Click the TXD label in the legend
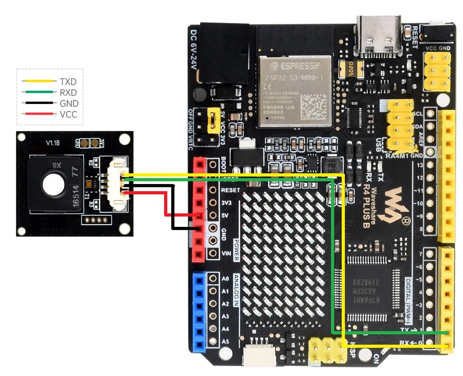[x=68, y=82]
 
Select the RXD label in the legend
[x=68, y=93]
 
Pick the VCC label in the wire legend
[x=68, y=115]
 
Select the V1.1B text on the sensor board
[x=52, y=142]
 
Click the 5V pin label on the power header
[x=224, y=215]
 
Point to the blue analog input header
[x=199, y=311]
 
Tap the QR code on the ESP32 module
[x=312, y=106]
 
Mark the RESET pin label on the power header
[x=230, y=190]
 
